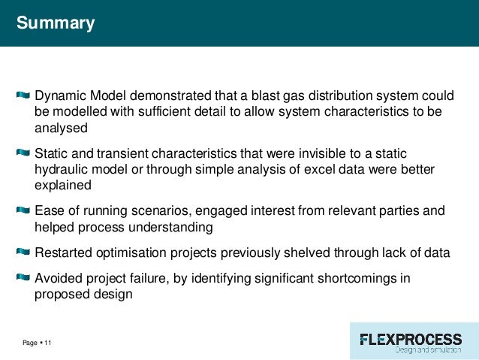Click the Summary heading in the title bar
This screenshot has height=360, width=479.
[x=56, y=23]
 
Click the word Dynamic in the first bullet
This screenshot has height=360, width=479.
[x=61, y=96]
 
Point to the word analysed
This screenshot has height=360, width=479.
[x=61, y=127]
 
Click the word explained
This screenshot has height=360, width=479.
[x=63, y=186]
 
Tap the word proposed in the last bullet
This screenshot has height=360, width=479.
[x=62, y=295]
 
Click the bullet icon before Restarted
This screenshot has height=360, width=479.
[x=23, y=253]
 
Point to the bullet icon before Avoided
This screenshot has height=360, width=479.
[x=23, y=278]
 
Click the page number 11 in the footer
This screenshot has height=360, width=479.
[x=48, y=343]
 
